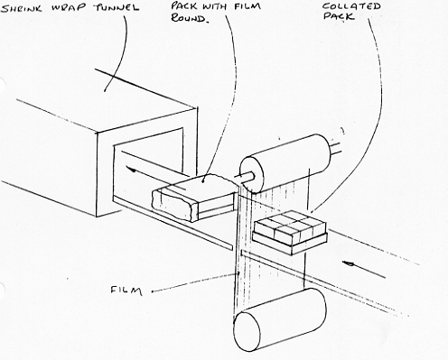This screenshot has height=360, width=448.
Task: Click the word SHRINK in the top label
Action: pyautogui.click(x=22, y=9)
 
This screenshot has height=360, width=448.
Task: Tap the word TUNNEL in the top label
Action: pyautogui.click(x=117, y=7)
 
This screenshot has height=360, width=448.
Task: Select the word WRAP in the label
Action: pyautogui.click(x=69, y=8)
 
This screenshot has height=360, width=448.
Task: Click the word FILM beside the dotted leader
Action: pyautogui.click(x=126, y=291)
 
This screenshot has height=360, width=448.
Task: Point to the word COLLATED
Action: pyautogui.click(x=351, y=6)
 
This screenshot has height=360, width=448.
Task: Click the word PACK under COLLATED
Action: pyautogui.click(x=339, y=16)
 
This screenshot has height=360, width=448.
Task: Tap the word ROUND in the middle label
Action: pyautogui.click(x=189, y=18)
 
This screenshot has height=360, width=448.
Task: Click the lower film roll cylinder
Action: pyautogui.click(x=280, y=319)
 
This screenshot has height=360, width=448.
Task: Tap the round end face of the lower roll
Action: pyautogui.click(x=247, y=332)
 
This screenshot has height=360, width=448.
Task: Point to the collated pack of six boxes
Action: pyautogui.click(x=289, y=228)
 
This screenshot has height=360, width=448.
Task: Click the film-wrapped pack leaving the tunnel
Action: pyautogui.click(x=193, y=198)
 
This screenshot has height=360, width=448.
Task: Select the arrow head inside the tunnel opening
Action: pyautogui.click(x=130, y=170)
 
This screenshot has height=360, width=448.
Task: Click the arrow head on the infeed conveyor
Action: pyautogui.click(x=348, y=263)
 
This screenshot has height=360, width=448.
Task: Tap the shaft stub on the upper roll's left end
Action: pyautogui.click(x=245, y=176)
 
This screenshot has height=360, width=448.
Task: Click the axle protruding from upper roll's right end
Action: pyautogui.click(x=337, y=148)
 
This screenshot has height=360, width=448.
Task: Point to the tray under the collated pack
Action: pyautogui.click(x=290, y=241)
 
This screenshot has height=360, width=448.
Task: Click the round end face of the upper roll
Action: pyautogui.click(x=251, y=175)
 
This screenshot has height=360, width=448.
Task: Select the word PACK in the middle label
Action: pyautogui.click(x=183, y=6)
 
